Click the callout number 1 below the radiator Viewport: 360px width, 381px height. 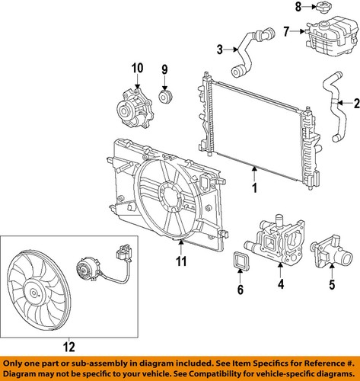pos(254,187)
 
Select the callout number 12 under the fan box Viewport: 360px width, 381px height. pos(69,347)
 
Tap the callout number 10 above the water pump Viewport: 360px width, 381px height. pos(137,68)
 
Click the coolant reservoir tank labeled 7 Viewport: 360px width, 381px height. pos(332,36)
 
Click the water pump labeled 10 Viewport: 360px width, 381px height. pos(135,109)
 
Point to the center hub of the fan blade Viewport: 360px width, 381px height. pos(33,293)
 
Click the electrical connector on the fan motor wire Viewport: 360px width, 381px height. pos(124,252)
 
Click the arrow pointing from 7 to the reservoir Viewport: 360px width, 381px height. pos(297,31)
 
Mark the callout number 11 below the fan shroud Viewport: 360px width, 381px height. pos(181,261)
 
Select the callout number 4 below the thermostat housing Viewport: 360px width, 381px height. pos(281,283)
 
